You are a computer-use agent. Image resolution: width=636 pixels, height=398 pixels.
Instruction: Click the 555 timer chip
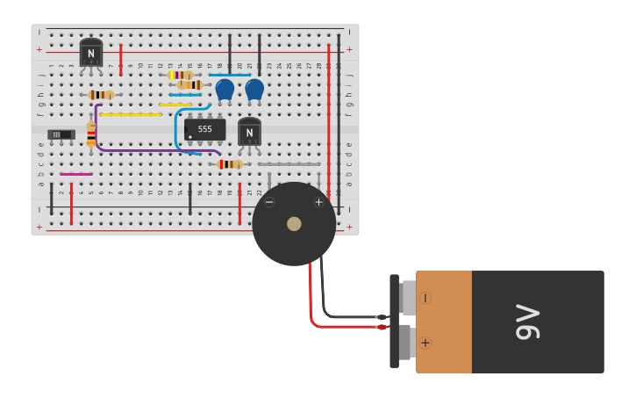coord(204,129)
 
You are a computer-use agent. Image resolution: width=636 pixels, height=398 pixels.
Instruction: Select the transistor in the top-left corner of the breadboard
coord(90,54)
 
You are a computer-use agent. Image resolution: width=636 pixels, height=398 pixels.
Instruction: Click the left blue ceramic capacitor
coord(225,89)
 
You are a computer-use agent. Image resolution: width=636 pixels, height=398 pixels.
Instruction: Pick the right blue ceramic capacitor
coord(254,89)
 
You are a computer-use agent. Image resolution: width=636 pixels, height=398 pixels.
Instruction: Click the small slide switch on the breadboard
coord(61,134)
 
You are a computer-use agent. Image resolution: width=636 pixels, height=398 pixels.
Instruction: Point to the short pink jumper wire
coord(76,174)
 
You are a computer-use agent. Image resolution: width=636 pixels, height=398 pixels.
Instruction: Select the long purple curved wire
coord(140,150)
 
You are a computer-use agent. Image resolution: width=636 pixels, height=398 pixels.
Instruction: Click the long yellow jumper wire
coord(131,114)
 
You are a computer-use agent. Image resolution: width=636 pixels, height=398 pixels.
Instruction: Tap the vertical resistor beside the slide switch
coord(91,134)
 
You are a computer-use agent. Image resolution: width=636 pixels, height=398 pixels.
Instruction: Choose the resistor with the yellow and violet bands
coord(181,76)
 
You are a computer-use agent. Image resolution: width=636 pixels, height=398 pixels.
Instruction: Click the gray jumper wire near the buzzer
coord(289,164)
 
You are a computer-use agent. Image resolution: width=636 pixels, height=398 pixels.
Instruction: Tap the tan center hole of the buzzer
coord(294,224)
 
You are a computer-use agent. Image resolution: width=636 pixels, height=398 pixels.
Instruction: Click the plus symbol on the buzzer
coord(318,202)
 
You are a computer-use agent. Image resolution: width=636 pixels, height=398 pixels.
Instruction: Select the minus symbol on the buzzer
coord(269,202)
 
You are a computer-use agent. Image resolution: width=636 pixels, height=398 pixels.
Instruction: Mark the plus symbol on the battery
coord(425,343)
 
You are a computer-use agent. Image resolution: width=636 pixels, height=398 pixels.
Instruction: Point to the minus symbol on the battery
coord(425,298)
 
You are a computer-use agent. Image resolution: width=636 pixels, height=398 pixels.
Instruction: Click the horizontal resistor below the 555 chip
coord(230,164)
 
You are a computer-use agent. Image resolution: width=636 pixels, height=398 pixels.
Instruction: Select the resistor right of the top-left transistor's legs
coord(102,95)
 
